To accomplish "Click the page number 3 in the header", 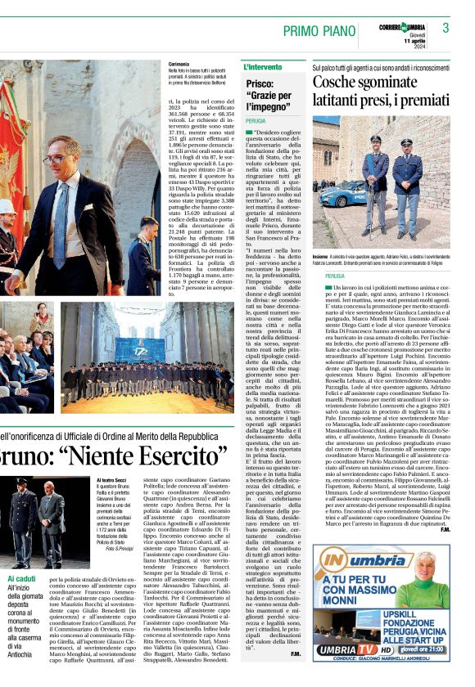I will click(446, 28).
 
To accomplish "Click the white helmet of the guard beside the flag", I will click(7, 207).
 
